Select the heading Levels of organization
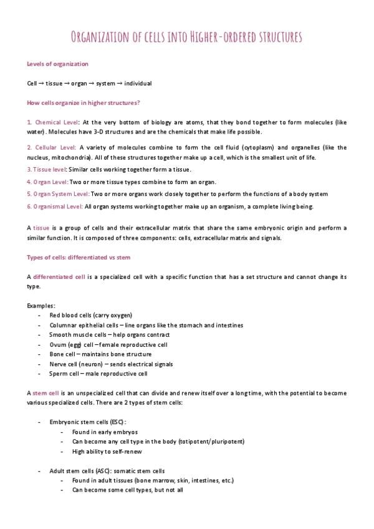57,64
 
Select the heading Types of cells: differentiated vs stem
79,257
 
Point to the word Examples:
41,306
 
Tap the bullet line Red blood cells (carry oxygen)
90,315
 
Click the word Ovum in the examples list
58,344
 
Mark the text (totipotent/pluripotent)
211,441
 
